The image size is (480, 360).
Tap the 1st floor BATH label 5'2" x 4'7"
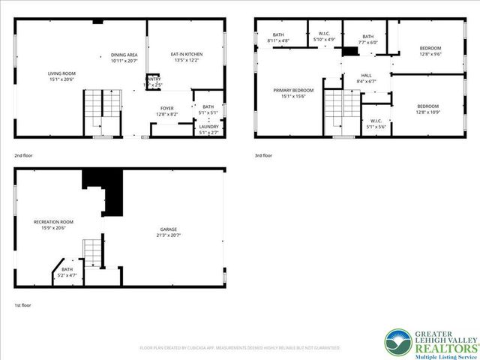pos(67,272)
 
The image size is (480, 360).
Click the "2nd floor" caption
pos(23,155)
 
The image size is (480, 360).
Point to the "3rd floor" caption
pos(263,155)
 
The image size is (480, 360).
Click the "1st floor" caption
pos(23,305)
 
